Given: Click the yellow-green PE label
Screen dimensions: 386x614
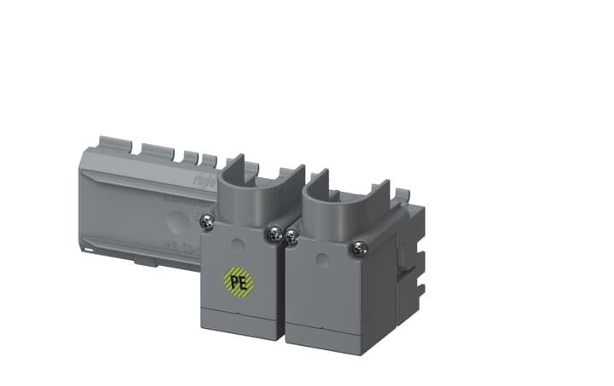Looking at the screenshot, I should (x=239, y=280).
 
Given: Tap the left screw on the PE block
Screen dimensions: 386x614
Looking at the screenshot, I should (x=206, y=222).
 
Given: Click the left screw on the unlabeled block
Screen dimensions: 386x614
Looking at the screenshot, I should (x=292, y=232).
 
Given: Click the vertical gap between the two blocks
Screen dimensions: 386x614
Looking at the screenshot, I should (x=283, y=290).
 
